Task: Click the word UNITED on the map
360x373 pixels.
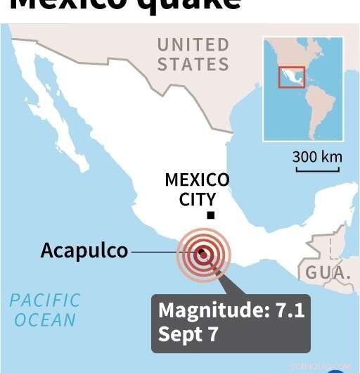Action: pos(193,45)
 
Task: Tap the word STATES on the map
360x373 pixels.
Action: pos(193,64)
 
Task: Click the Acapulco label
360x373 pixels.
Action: pos(84,251)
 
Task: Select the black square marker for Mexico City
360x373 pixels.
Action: pos(210,215)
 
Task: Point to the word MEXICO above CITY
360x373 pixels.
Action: pos(197,180)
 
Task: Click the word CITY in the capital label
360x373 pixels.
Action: pos(197,199)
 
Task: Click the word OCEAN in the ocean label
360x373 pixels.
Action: pos(45,320)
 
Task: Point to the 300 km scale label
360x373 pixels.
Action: pos(317,156)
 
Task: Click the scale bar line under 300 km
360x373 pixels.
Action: pos(317,167)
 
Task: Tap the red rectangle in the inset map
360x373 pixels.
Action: pos(290,77)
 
